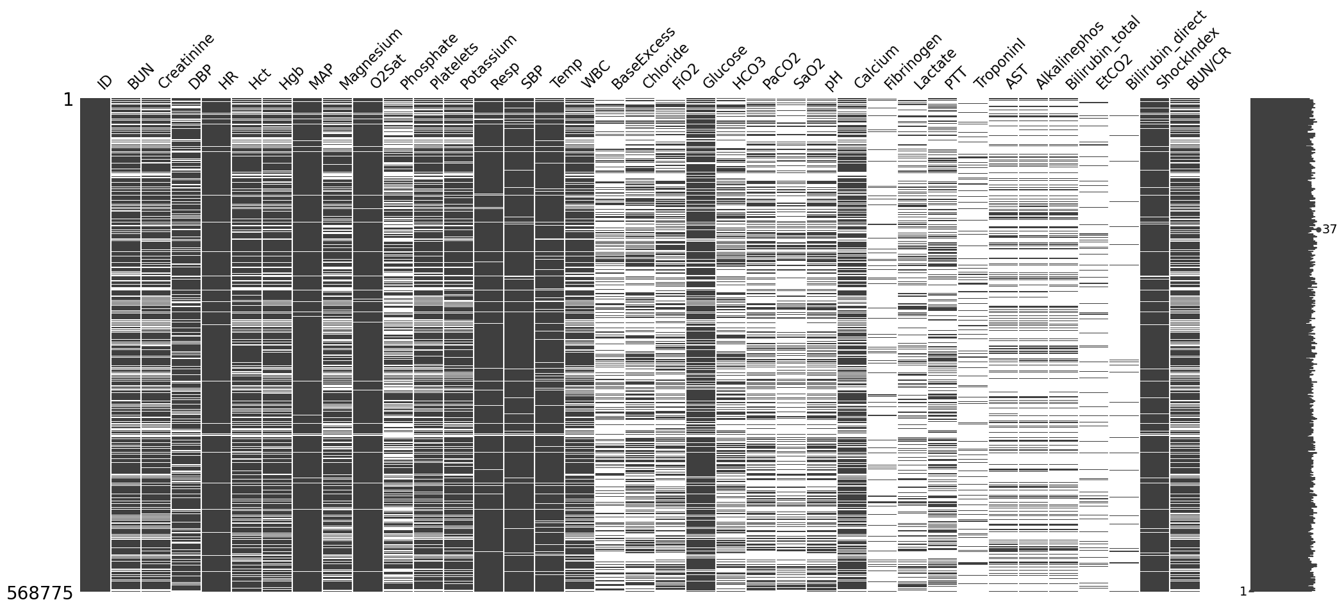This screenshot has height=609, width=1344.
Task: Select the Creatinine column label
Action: (185, 62)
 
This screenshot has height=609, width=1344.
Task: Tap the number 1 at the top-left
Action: (67, 101)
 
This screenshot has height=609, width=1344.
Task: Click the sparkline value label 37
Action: (1329, 229)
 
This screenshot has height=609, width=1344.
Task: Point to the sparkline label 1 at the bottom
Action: (1242, 592)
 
